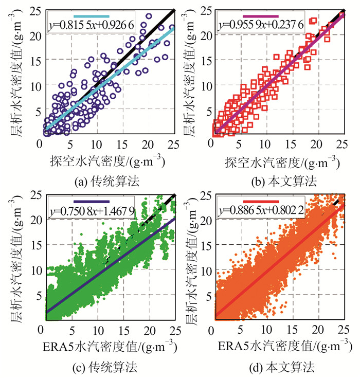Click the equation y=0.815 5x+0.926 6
(x=91, y=24)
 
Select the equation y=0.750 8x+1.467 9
(x=91, y=211)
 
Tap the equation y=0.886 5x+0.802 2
(x=260, y=211)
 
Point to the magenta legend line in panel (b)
(x=260, y=16)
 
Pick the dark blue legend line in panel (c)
(x=92, y=202)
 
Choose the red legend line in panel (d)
(x=260, y=202)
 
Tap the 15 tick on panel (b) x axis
(x=292, y=146)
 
